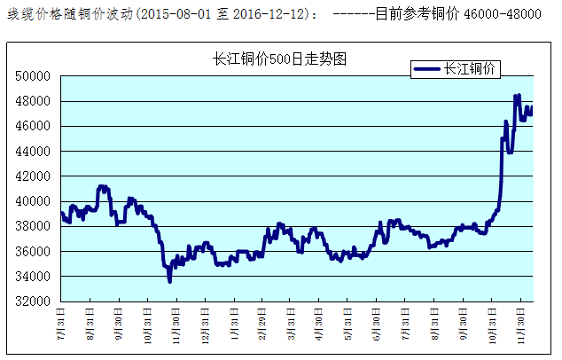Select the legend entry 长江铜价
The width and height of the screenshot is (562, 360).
click(x=471, y=68)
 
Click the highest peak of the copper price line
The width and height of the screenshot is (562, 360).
click(x=517, y=96)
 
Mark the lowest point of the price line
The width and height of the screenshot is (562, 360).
click(x=169, y=281)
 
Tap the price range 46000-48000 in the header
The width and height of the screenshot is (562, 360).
click(x=503, y=15)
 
